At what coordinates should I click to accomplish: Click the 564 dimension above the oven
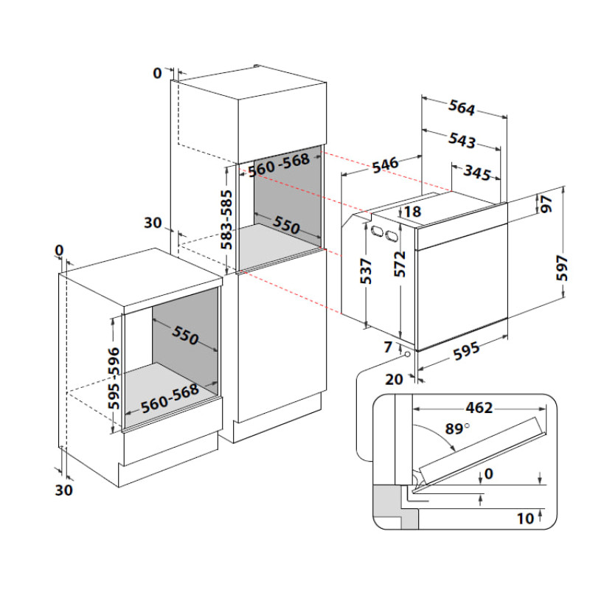pyautogui.click(x=462, y=108)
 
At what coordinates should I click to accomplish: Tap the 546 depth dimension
pyautogui.click(x=383, y=164)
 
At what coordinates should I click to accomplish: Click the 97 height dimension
pyautogui.click(x=546, y=204)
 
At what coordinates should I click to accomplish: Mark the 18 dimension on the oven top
pyautogui.click(x=412, y=212)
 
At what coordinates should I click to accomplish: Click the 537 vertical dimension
pyautogui.click(x=367, y=271)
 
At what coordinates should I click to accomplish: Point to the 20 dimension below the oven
pyautogui.click(x=394, y=379)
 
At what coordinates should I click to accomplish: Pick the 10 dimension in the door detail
pyautogui.click(x=524, y=518)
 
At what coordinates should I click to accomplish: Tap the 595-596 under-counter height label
pyautogui.click(x=113, y=377)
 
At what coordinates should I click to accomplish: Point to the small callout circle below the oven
pyautogui.click(x=406, y=355)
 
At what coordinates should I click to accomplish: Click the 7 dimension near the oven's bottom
pyautogui.click(x=388, y=346)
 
